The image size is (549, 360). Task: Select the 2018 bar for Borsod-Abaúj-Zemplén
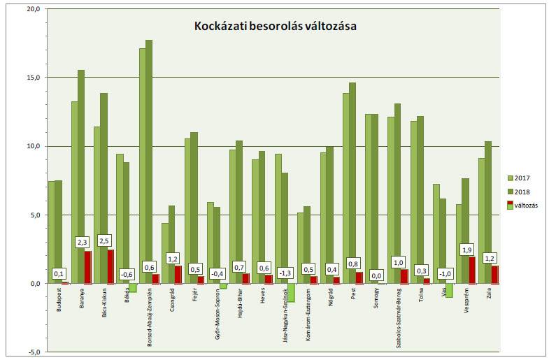point(149,161)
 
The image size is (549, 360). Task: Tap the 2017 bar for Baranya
point(74,192)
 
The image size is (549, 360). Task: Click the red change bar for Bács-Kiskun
point(110,266)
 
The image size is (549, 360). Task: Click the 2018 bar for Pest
point(352,182)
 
